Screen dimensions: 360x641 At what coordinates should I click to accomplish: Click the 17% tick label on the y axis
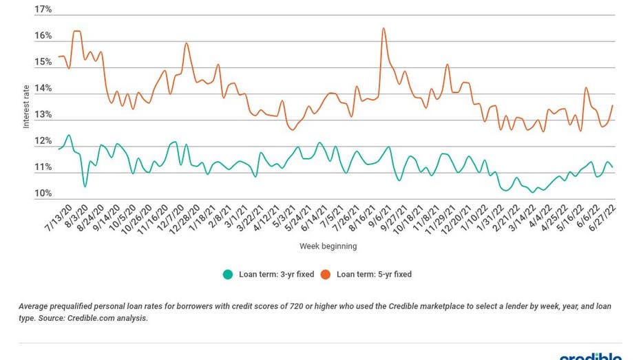coord(43,10)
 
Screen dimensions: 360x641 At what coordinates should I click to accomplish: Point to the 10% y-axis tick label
coord(43,193)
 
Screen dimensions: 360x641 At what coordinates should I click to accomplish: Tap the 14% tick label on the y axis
coord(43,88)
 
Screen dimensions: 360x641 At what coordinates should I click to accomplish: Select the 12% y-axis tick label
coord(43,141)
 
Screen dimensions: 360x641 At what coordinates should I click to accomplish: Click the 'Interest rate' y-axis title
coord(27,106)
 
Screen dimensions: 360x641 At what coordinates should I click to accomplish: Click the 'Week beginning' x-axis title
coord(328,246)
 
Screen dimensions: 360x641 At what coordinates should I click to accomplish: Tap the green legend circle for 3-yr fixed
coord(228,275)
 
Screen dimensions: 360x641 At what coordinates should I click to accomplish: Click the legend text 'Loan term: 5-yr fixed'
coord(374,275)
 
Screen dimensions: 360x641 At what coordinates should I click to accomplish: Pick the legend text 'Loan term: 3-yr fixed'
coord(276,275)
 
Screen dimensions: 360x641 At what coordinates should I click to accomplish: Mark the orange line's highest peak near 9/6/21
coord(383,28)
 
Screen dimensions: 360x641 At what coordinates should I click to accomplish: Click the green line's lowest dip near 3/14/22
coord(532,192)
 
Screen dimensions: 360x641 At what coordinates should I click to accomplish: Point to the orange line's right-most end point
coord(612,105)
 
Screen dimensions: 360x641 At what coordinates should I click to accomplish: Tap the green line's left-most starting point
coord(59,149)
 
